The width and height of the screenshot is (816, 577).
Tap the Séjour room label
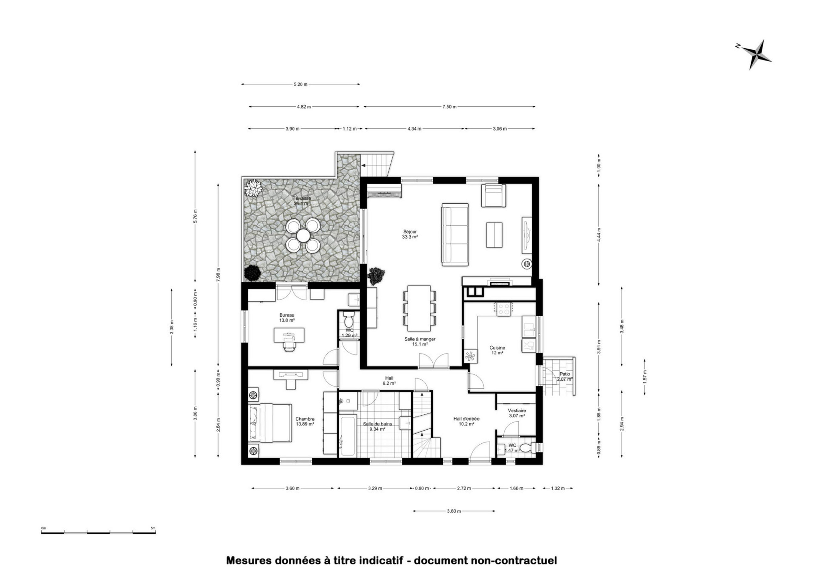pyautogui.click(x=410, y=232)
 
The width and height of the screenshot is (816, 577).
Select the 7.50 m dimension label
pyautogui.click(x=449, y=107)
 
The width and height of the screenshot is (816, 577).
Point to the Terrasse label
pyautogui.click(x=302, y=198)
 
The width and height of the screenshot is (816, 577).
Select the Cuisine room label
pyautogui.click(x=497, y=348)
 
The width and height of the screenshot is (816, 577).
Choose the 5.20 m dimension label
pyautogui.click(x=300, y=84)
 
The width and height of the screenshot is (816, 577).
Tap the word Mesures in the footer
pyautogui.click(x=250, y=561)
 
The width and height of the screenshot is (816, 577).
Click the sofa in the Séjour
pyautogui.click(x=455, y=234)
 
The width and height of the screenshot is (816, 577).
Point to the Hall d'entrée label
pyautogui.click(x=466, y=419)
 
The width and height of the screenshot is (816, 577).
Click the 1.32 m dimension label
pyautogui.click(x=558, y=488)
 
